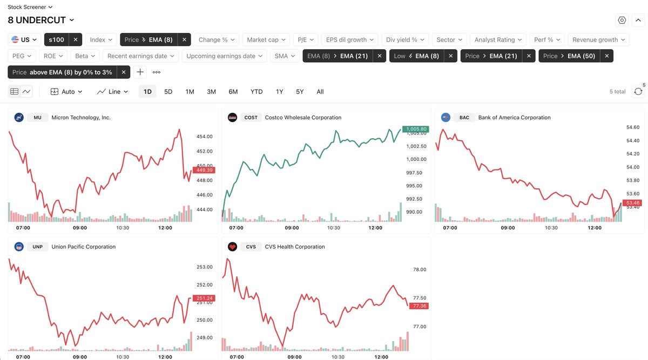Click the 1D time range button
(x=147, y=92)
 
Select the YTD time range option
(x=256, y=92)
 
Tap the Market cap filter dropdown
(x=266, y=40)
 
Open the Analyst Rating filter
(x=498, y=40)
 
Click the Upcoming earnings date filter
(x=224, y=56)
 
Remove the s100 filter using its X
(x=76, y=40)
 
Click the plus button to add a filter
(x=140, y=72)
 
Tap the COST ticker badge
(x=251, y=118)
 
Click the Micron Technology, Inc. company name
(x=81, y=118)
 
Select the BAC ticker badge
(x=464, y=118)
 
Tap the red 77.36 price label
(x=419, y=306)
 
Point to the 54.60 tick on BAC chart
(x=632, y=127)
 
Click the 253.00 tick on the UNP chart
(x=205, y=267)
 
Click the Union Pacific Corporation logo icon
(x=19, y=247)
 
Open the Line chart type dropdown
(x=113, y=92)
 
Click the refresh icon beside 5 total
(x=638, y=92)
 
